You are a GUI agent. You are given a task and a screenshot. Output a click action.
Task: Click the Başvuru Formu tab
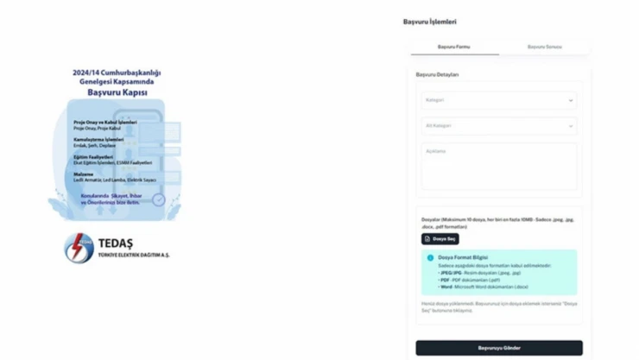(x=453, y=47)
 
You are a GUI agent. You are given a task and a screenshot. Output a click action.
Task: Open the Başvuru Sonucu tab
(x=544, y=47)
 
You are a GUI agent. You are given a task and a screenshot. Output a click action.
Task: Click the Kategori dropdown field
(x=498, y=100)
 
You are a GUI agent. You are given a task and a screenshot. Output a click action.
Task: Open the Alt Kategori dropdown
(x=498, y=126)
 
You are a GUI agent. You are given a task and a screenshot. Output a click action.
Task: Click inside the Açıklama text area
(x=498, y=167)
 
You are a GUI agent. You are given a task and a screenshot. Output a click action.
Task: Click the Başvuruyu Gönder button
(x=498, y=348)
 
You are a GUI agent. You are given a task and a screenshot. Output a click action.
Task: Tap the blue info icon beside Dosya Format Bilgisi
(x=430, y=257)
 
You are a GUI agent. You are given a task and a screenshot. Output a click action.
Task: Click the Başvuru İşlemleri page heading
(x=429, y=22)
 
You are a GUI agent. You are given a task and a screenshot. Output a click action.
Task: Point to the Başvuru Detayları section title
(x=437, y=75)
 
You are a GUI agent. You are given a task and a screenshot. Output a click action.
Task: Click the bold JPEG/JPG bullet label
(x=449, y=272)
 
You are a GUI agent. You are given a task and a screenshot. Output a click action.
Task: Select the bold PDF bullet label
(x=445, y=280)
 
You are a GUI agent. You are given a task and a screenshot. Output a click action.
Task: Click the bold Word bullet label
(x=446, y=287)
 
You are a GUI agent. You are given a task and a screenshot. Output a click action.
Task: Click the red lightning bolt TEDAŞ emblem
(x=79, y=249)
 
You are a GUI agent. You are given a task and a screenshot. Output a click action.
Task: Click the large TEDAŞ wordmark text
(x=116, y=243)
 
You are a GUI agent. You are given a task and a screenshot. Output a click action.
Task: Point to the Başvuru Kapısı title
(x=117, y=92)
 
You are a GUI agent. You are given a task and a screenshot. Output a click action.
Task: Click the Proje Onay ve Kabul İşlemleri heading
(x=104, y=123)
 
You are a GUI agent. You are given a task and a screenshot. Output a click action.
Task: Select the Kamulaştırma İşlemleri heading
(x=98, y=139)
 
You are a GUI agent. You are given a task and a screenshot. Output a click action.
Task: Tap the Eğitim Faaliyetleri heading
(x=93, y=156)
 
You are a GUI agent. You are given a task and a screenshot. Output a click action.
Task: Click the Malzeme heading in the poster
(x=83, y=174)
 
